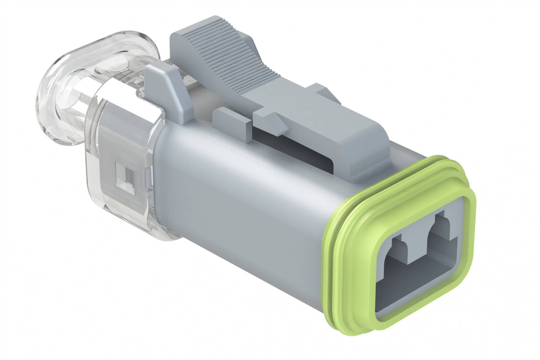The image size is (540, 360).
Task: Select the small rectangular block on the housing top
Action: click(231, 118)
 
